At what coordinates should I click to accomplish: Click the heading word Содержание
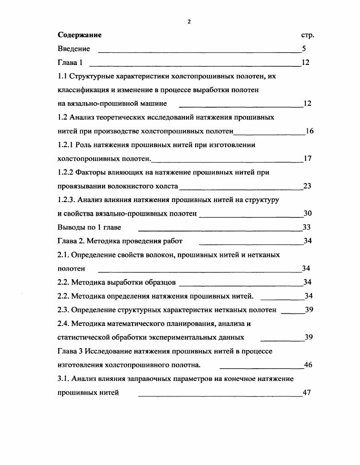[x=79, y=35]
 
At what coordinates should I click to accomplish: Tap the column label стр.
[x=308, y=35]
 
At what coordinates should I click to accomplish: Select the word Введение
[x=74, y=49]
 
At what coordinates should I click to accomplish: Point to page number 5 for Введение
[x=304, y=49]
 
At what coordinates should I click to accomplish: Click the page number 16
[x=310, y=131]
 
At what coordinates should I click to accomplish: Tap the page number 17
[x=307, y=159]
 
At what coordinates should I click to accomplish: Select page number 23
[x=307, y=186]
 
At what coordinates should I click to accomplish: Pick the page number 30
[x=307, y=213]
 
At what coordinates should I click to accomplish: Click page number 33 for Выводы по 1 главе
[x=306, y=227]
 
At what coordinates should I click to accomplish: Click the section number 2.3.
[x=64, y=310]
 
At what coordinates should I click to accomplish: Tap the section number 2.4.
[x=64, y=324]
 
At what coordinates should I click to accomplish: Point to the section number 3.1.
[x=64, y=379]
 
